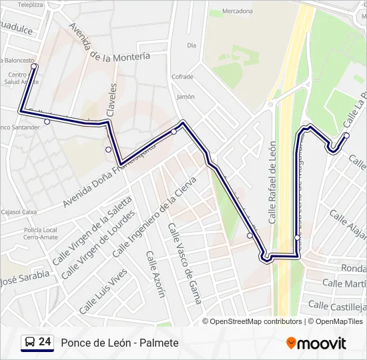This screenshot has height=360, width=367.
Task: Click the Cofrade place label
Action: [182, 77]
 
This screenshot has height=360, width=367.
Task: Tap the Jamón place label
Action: [186, 96]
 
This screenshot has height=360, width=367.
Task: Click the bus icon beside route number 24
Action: [29, 343]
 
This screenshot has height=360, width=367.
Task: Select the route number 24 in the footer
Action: [45, 342]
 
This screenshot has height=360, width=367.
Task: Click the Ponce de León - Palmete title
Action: [119, 343]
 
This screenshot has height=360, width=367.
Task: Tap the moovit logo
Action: [316, 343]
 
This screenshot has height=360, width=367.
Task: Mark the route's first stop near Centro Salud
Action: [33, 66]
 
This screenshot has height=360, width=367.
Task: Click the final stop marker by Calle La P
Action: [346, 135]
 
